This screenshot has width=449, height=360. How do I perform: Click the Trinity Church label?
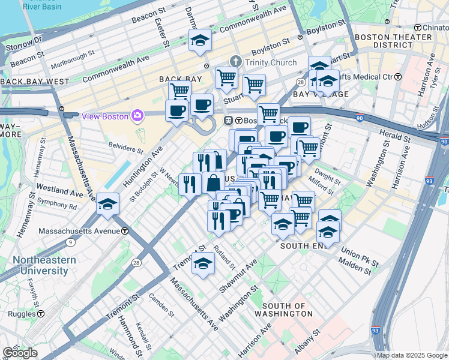[270, 62]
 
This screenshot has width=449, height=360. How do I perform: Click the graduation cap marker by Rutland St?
[203, 263]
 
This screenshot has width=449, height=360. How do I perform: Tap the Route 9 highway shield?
[71, 242]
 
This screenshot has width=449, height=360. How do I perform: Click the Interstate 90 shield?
[443, 141]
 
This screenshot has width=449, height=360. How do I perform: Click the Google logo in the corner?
[19, 353]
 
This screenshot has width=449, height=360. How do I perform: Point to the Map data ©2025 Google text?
[412, 355]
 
